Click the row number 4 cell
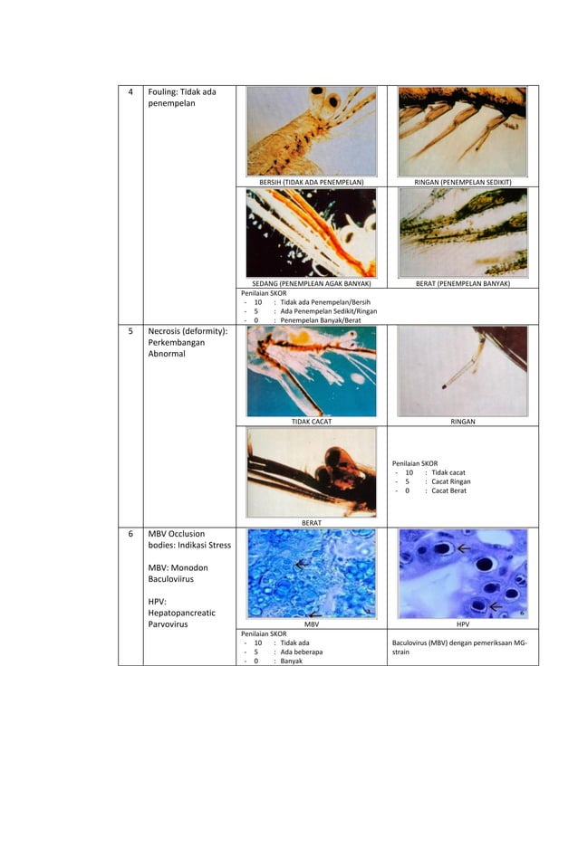[x=130, y=92]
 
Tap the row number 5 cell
[x=130, y=332]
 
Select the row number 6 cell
[x=130, y=534]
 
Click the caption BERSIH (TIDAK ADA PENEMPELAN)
[x=311, y=182]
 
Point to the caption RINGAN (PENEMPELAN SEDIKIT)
[x=462, y=182]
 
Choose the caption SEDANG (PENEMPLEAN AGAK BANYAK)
[x=311, y=283]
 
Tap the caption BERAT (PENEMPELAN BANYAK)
[x=462, y=283]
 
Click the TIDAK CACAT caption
[x=311, y=422]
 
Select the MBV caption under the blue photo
[x=311, y=624]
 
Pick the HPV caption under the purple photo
[x=462, y=624]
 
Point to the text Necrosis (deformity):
[x=188, y=332]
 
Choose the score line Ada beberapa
[x=301, y=652]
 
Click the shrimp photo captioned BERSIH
[x=311, y=131]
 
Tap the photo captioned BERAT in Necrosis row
[x=311, y=471]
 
